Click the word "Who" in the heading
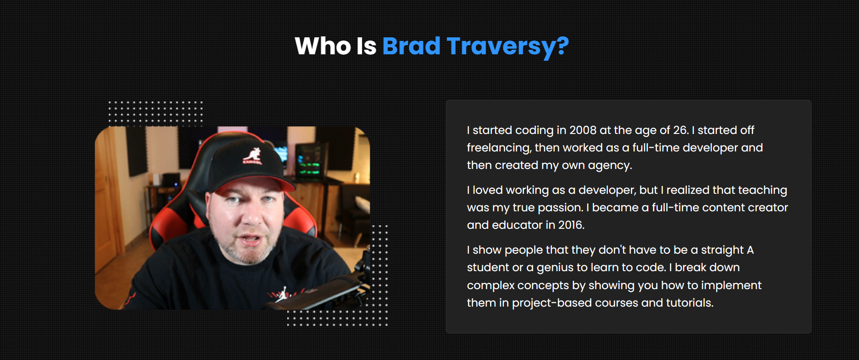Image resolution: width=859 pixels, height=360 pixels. pyautogui.click(x=323, y=46)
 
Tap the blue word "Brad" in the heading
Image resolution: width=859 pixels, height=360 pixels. pyautogui.click(x=411, y=46)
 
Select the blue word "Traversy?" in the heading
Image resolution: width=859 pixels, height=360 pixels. pyautogui.click(x=508, y=47)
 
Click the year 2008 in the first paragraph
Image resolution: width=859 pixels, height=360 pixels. pyautogui.click(x=583, y=130)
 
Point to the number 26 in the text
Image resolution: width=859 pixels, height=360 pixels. pyautogui.click(x=680, y=130)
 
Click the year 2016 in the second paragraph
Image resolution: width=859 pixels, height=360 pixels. pyautogui.click(x=571, y=225)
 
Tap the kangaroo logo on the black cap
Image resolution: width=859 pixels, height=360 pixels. pyautogui.click(x=253, y=156)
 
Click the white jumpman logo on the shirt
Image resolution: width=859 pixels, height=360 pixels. pyautogui.click(x=282, y=295)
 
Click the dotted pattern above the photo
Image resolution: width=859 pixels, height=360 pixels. pyautogui.click(x=156, y=113)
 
